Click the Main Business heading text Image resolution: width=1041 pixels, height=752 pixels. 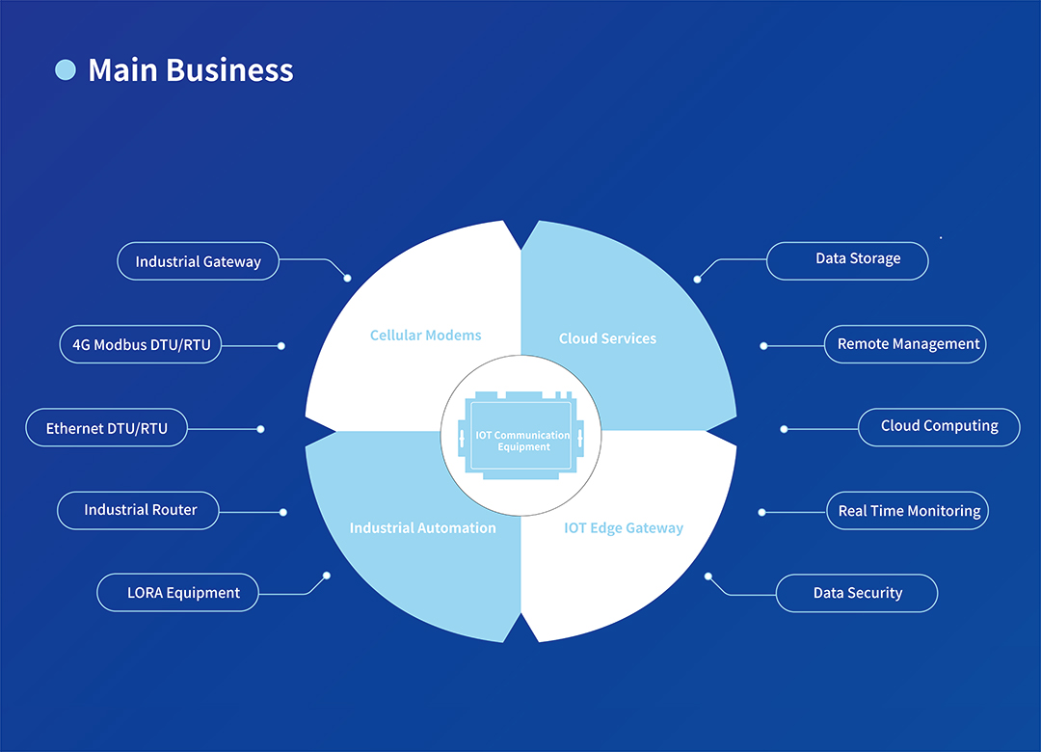(x=190, y=70)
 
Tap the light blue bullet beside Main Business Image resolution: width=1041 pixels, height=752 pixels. (x=66, y=69)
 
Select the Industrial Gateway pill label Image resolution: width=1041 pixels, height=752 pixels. (x=198, y=261)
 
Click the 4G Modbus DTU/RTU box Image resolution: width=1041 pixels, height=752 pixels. (x=141, y=344)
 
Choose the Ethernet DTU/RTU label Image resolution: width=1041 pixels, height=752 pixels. (x=106, y=429)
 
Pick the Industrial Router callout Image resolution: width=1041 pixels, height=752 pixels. (x=140, y=510)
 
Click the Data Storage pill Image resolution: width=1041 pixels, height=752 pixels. (x=847, y=259)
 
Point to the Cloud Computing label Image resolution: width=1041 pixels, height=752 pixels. (x=939, y=426)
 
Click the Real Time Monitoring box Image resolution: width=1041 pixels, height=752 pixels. (x=908, y=511)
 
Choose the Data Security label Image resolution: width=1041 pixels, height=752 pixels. (x=857, y=593)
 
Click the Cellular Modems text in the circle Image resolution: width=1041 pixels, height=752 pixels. (x=425, y=336)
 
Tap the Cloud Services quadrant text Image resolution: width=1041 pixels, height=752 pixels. (x=607, y=338)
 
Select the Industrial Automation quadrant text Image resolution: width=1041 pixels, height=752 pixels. (x=422, y=528)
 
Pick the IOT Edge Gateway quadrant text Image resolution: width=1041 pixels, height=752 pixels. (x=623, y=528)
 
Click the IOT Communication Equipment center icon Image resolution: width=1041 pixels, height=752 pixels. (x=520, y=436)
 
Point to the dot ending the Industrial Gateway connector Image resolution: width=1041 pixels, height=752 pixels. (x=348, y=278)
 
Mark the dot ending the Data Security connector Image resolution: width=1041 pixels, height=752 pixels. (x=708, y=577)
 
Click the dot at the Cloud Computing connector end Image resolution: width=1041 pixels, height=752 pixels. (x=784, y=429)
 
